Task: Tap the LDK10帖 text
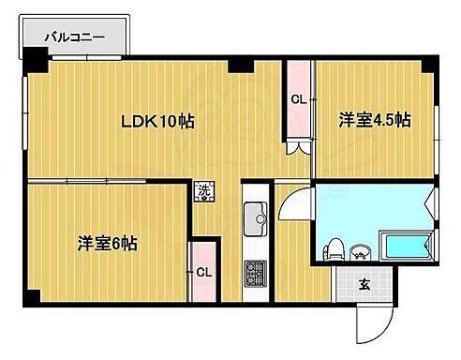[x=156, y=121]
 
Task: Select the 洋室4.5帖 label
[x=374, y=119]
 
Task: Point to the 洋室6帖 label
[x=108, y=244]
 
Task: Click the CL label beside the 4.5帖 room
[x=297, y=99]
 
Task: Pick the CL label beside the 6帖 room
[x=203, y=273]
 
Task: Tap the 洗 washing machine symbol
[x=203, y=191]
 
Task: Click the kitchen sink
[x=256, y=221]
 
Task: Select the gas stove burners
[x=255, y=274]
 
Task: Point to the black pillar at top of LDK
[x=242, y=65]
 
